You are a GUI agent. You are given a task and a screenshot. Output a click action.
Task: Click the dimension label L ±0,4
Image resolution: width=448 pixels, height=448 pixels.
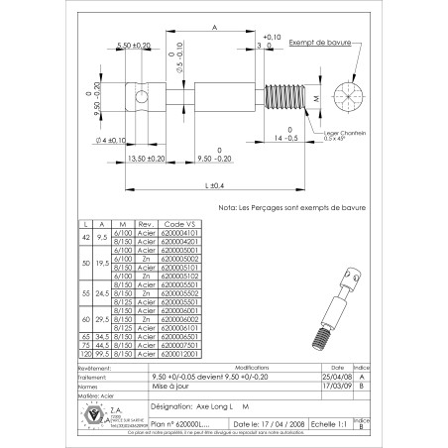[x=215, y=185]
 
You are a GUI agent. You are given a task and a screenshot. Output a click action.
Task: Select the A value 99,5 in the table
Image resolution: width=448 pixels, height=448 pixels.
[x=104, y=352]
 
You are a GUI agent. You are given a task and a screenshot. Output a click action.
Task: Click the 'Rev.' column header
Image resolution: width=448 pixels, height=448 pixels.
[x=144, y=224]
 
